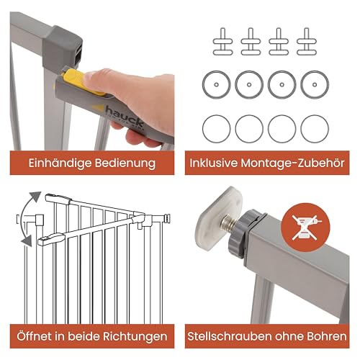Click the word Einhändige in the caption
pos(59,163)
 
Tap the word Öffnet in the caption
pos(33,336)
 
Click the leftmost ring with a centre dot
pos(215,84)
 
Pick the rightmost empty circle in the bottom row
pos(314,128)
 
